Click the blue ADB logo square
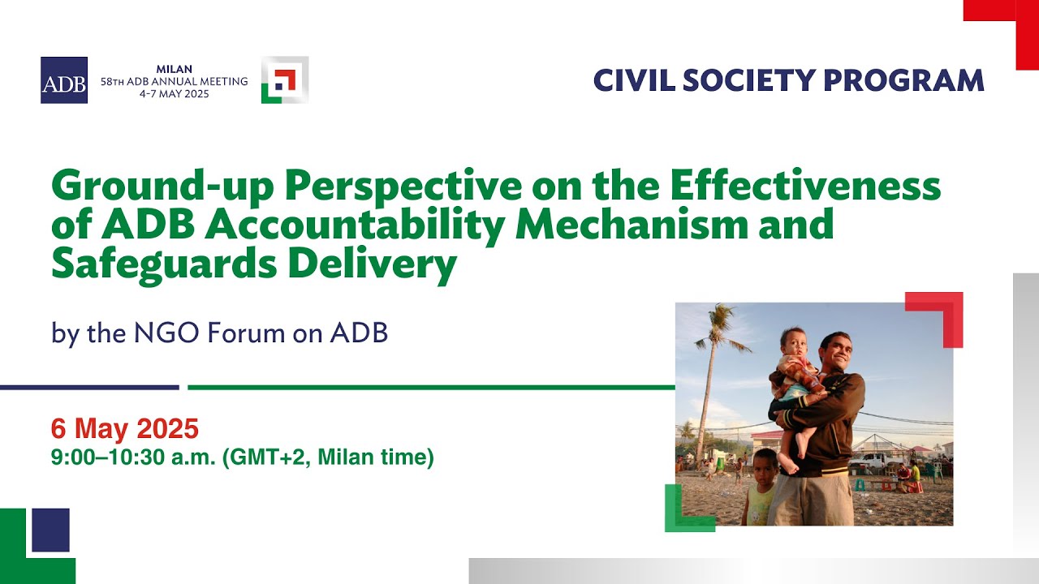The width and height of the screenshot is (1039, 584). point(64,80)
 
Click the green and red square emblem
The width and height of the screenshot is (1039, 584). point(284,80)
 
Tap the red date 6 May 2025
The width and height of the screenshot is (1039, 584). point(124,427)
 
